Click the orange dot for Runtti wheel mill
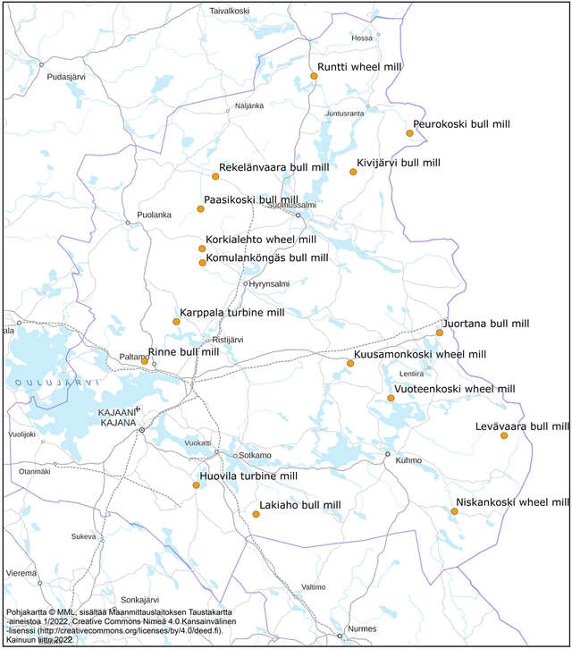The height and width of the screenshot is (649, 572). click(314, 77)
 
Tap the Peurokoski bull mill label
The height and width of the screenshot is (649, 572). click(461, 124)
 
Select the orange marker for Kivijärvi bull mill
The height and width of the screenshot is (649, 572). click(353, 172)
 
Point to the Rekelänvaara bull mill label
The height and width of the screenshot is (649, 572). click(274, 167)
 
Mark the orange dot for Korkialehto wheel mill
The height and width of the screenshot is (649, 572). click(202, 249)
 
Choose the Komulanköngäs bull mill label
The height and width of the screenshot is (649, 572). click(266, 257)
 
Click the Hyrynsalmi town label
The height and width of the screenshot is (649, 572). click(269, 283)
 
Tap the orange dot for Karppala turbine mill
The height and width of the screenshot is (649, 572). click(176, 322)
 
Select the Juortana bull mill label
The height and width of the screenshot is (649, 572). click(486, 323)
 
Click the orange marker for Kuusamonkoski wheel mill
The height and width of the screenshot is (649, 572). click(350, 363)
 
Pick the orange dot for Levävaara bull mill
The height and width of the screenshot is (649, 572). click(479, 435)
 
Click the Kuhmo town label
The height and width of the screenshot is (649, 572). click(408, 461)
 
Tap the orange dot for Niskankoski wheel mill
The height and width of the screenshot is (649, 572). click(455, 511)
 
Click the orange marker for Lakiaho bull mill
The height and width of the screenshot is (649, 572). click(256, 514)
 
